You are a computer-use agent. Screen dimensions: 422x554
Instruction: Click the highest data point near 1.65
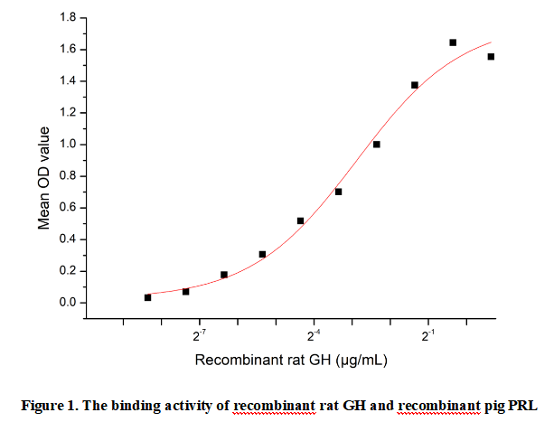click(x=453, y=42)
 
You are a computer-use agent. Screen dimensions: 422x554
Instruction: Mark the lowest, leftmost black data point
click(x=148, y=297)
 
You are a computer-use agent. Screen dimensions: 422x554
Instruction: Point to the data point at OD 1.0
click(x=377, y=145)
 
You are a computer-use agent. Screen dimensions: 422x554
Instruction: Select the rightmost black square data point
click(x=491, y=57)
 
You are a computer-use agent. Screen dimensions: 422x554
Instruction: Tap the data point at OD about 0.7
click(x=338, y=192)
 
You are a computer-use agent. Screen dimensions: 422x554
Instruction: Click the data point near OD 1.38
click(x=415, y=85)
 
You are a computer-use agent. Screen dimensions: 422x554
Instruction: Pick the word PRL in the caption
click(x=523, y=404)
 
